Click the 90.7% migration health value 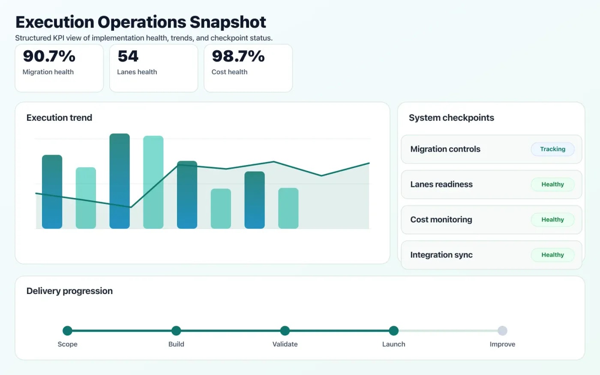(x=49, y=57)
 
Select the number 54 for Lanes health (x=128, y=57)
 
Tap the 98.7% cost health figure (x=238, y=57)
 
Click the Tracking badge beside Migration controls (x=552, y=149)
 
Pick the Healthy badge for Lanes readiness (x=552, y=184)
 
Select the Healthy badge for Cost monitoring (x=552, y=219)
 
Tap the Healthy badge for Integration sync (x=552, y=255)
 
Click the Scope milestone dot (x=67, y=330)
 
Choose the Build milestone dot (x=176, y=330)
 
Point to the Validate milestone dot (x=285, y=330)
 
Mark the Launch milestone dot (x=393, y=330)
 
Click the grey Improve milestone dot (x=502, y=330)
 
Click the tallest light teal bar (x=153, y=182)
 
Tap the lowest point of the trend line (x=131, y=207)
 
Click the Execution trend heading (x=59, y=118)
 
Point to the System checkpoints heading (x=451, y=118)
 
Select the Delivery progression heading (x=69, y=291)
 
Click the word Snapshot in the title (x=228, y=22)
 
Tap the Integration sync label (x=441, y=255)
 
